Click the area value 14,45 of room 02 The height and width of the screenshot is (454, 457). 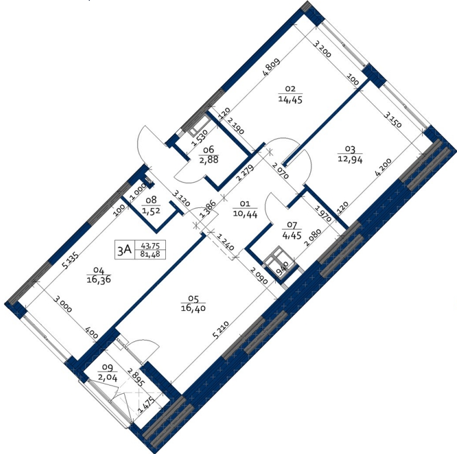(x=290, y=100)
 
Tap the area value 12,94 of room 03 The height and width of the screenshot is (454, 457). (x=350, y=160)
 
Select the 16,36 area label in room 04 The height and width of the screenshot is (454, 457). (x=99, y=279)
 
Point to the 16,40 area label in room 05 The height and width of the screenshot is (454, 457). (x=193, y=308)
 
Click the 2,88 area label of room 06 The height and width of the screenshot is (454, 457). (x=209, y=160)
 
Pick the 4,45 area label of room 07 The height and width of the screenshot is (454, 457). (x=292, y=235)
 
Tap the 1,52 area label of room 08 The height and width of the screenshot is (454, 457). (x=151, y=210)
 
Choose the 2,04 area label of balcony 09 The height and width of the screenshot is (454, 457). (x=108, y=378)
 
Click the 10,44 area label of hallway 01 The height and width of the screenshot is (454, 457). (x=245, y=214)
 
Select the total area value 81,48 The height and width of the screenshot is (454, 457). (x=150, y=254)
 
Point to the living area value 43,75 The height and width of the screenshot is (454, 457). (x=150, y=246)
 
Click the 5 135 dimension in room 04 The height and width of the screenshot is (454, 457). (x=70, y=260)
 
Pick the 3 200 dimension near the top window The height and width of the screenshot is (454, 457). (x=322, y=49)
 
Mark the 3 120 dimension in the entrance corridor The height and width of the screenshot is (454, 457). (x=181, y=198)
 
